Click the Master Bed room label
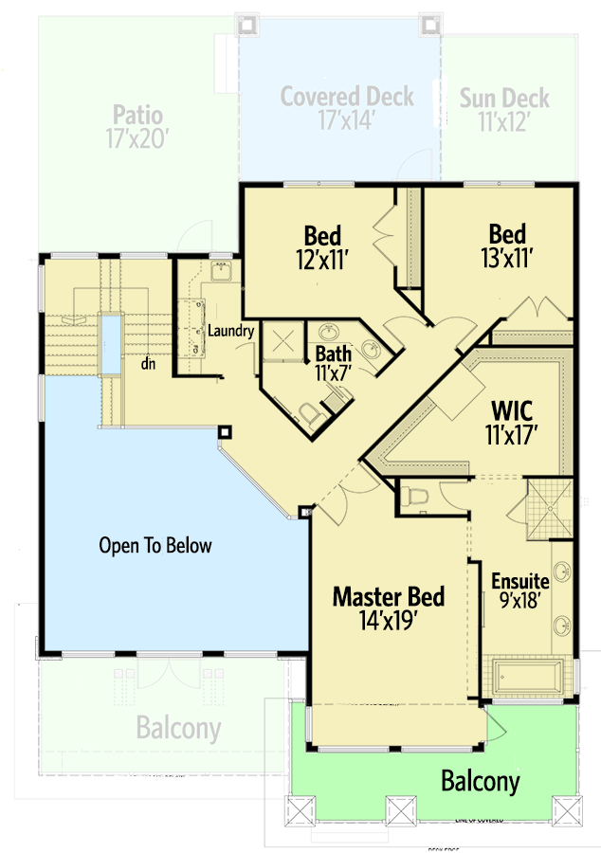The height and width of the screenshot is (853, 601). point(388,608)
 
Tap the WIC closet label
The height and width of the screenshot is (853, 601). point(512,424)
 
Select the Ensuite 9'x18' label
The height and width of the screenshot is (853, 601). point(520,590)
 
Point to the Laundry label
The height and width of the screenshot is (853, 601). point(230,331)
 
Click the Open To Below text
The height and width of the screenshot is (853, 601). point(155,546)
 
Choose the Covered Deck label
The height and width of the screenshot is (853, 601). point(347,108)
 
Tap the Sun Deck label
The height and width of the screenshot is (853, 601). point(505,108)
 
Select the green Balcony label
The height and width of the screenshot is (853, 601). point(480,782)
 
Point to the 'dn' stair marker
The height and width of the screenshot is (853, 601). point(149,362)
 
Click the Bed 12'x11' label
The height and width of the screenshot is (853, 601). point(322,247)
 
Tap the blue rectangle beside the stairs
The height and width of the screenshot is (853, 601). point(111,343)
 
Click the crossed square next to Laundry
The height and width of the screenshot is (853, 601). point(282,343)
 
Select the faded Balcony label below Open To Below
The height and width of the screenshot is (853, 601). point(178,729)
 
